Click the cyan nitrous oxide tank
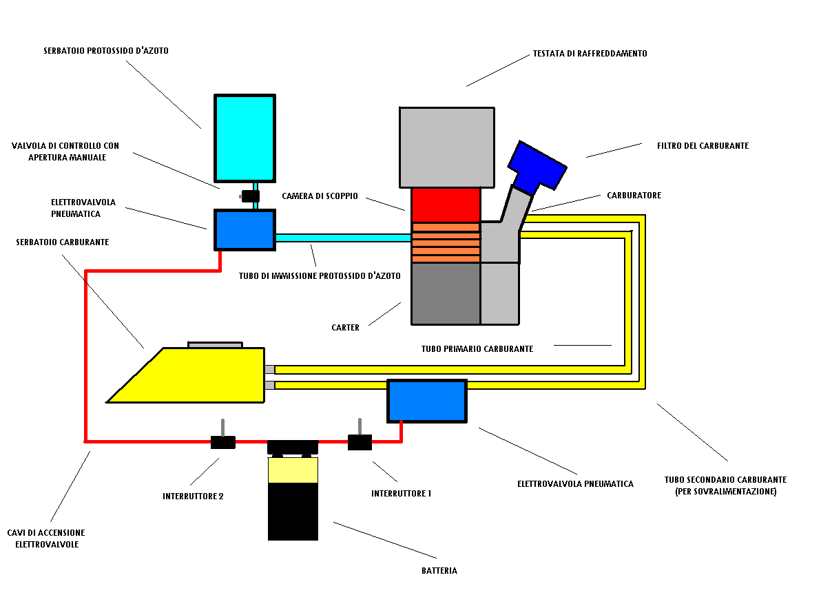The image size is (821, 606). [x=245, y=138]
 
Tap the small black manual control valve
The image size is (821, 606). [x=250, y=196]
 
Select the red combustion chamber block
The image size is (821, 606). [x=446, y=205]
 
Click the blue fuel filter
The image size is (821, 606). [x=536, y=166]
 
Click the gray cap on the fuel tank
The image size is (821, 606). [x=216, y=344]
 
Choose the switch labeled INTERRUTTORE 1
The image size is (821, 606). [x=360, y=442]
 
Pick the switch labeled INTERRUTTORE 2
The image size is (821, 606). [x=222, y=442]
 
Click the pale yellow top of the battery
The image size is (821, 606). [x=293, y=470]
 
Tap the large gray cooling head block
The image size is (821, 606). [x=446, y=147]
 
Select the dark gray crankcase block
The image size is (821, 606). [x=446, y=293]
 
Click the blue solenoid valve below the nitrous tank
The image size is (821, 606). [x=245, y=229]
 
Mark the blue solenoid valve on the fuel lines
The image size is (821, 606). [x=427, y=401]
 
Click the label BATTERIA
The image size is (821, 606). [x=439, y=571]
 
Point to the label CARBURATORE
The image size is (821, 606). [x=634, y=196]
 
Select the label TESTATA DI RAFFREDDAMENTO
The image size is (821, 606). [x=590, y=54]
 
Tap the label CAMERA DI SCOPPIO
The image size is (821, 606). [x=320, y=196]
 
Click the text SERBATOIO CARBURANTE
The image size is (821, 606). [x=63, y=242]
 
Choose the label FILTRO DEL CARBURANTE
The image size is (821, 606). [x=693, y=146]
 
